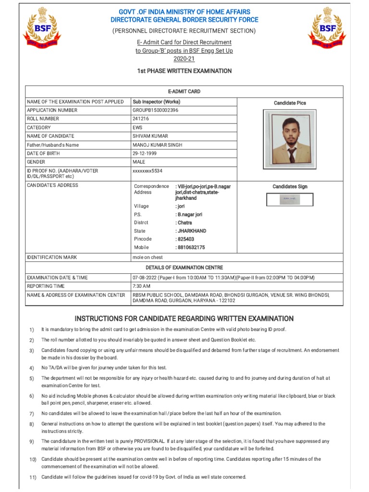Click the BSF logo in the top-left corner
point(42,30)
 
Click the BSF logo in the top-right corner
point(326,30)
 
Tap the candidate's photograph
point(290,139)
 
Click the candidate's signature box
point(290,199)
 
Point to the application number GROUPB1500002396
point(155,110)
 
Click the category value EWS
point(137,127)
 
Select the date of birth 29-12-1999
point(144,153)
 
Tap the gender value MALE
point(139,162)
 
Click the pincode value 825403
point(185,239)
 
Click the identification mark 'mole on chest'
point(148,258)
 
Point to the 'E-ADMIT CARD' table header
point(184,91)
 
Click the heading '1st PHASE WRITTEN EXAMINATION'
point(184,71)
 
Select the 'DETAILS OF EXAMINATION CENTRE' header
point(184,268)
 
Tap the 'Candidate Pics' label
point(290,103)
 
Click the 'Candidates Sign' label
point(290,186)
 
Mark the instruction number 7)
point(31,414)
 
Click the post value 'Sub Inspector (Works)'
point(156,102)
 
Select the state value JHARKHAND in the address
point(191,231)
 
